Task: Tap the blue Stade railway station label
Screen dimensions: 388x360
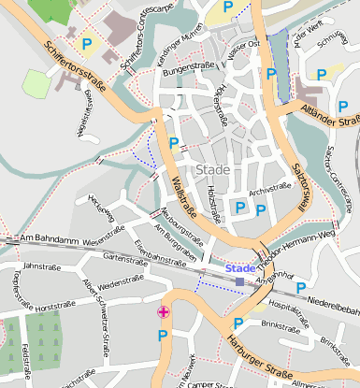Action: [x=239, y=268]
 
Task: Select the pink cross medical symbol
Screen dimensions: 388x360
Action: [x=164, y=311]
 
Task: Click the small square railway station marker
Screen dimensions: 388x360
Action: [x=239, y=280]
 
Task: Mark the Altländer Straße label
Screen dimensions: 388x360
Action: [x=332, y=118]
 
